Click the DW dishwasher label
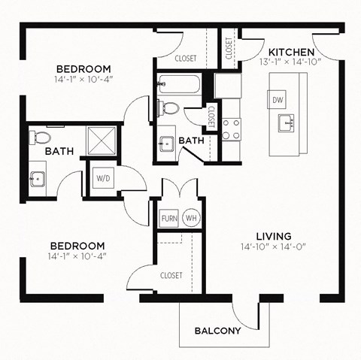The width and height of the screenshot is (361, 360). pos(278,99)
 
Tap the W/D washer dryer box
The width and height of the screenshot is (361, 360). pos(103,178)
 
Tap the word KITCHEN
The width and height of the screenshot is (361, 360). pos(291,50)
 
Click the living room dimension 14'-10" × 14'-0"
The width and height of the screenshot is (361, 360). pos(273,246)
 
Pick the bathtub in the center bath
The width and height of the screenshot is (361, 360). pos(179,84)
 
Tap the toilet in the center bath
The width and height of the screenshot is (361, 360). pos(171,108)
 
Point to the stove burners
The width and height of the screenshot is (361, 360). pos(231,129)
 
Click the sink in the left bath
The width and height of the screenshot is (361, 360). pos(37,178)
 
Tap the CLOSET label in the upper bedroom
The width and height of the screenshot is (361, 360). pos(185,58)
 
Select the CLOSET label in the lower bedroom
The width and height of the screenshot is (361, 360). pos(171,275)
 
